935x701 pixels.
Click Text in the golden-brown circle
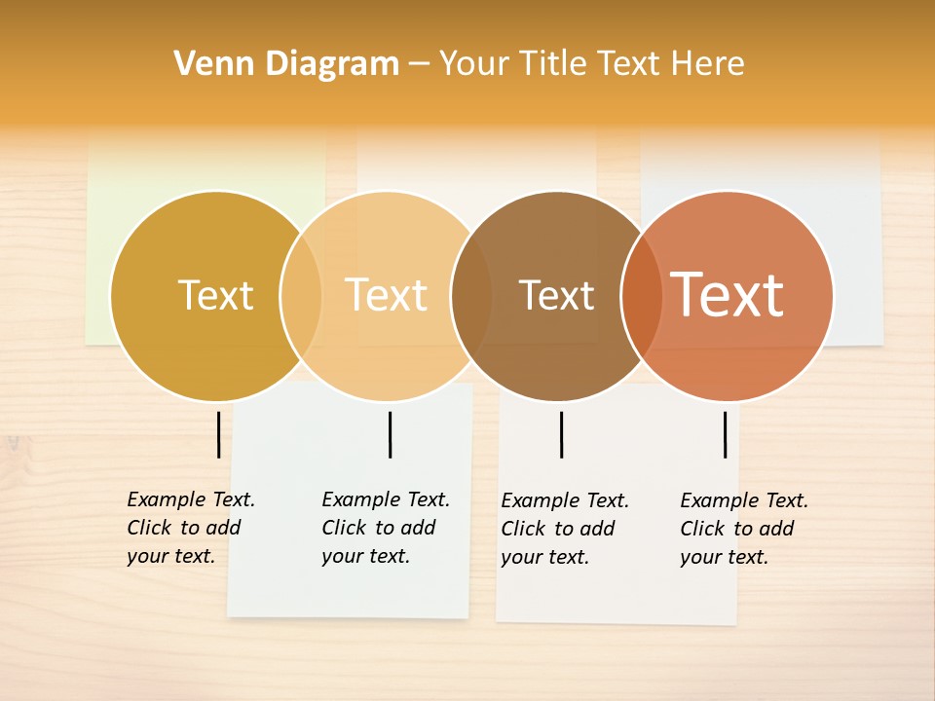coord(215,295)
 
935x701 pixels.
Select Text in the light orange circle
coord(387,295)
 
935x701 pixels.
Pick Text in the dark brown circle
coord(556,295)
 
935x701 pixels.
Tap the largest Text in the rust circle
coord(728,294)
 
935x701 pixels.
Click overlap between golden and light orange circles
coord(301,295)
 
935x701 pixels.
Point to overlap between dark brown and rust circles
coord(641,295)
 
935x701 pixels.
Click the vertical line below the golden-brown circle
coord(218,434)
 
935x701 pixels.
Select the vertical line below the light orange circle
coord(390,434)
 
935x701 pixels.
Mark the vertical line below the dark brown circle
coord(561,434)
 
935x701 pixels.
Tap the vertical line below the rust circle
coord(725,434)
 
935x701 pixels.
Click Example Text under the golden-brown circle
coord(191,499)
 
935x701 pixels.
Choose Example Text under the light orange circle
coord(386,499)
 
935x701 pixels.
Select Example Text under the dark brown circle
coord(565,500)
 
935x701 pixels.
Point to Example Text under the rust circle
coord(744,500)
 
